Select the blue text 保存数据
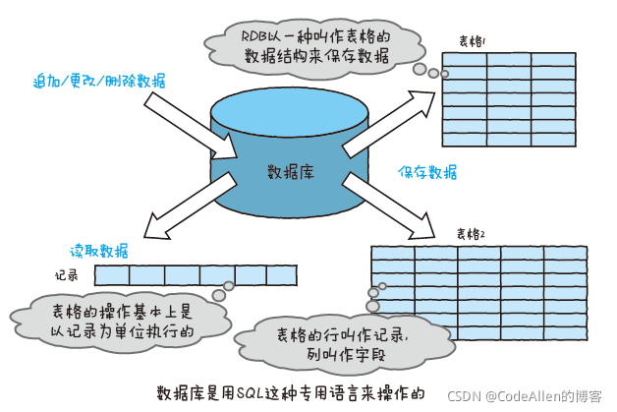click(x=427, y=172)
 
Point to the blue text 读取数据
click(x=98, y=250)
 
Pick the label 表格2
click(x=471, y=233)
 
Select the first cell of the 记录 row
click(x=113, y=275)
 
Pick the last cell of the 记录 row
click(x=280, y=275)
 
